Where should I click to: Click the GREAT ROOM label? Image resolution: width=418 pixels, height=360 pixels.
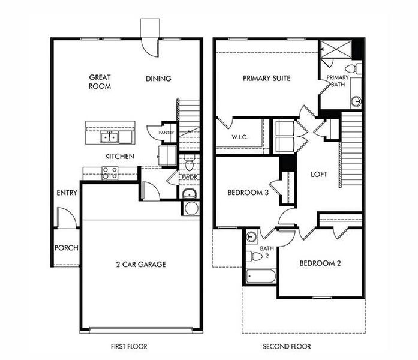click(x=99, y=82)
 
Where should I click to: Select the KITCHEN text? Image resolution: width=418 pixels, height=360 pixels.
click(x=119, y=156)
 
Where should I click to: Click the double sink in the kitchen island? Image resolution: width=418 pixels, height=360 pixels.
click(x=110, y=137)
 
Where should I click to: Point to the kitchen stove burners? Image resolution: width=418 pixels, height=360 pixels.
click(x=110, y=173)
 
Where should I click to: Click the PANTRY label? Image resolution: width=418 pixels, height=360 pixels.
click(x=166, y=132)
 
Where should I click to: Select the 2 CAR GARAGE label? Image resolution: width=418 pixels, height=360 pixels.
click(x=141, y=264)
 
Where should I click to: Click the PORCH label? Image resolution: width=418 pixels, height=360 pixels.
click(x=67, y=248)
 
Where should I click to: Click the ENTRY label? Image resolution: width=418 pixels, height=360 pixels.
click(x=66, y=193)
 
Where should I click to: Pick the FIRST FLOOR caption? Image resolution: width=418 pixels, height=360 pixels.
click(x=129, y=346)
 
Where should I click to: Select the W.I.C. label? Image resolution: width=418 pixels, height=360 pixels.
click(x=240, y=137)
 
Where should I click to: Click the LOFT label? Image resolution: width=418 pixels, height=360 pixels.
click(x=319, y=175)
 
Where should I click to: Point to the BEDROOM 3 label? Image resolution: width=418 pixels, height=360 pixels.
click(x=248, y=193)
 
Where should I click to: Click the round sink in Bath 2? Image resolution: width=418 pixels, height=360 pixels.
click(x=251, y=236)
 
